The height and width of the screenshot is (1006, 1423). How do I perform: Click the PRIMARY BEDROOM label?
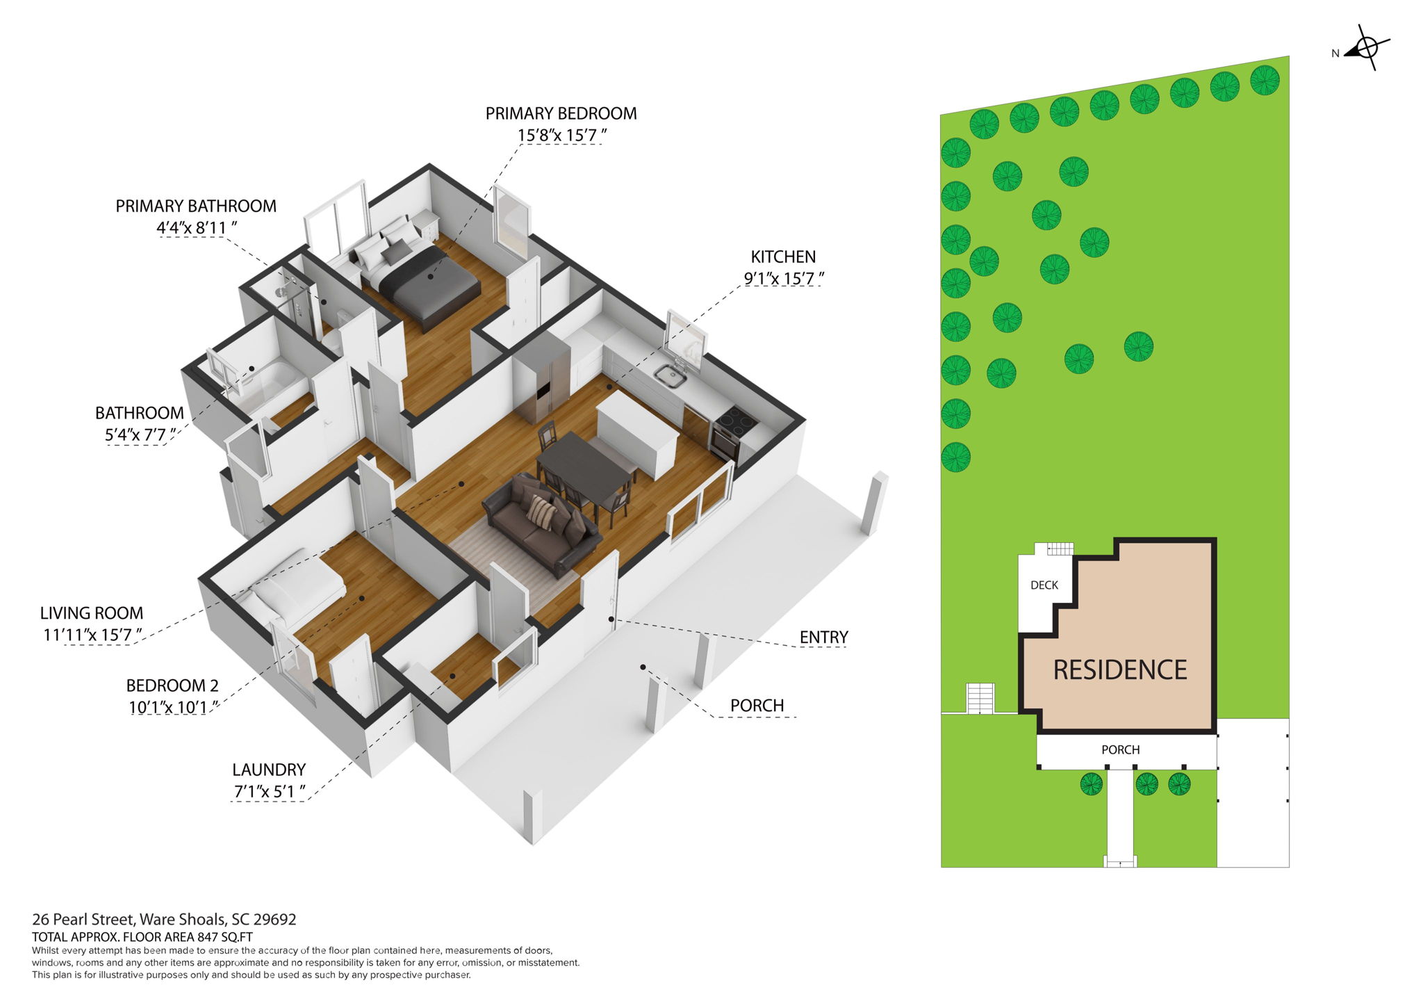coord(561,113)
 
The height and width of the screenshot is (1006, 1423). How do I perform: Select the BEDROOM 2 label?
coord(172,685)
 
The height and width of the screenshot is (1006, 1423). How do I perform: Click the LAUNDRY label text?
coord(269,770)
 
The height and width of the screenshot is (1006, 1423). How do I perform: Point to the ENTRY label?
coord(823,637)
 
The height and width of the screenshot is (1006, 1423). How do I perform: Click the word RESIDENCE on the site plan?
coord(1120,670)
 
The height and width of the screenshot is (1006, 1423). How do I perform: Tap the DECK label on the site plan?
coord(1044,585)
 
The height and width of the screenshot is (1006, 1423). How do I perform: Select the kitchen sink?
coord(671,376)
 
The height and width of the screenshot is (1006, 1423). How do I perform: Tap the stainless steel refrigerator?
coord(541,379)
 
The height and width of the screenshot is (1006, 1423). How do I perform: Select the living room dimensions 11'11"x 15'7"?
coord(92,635)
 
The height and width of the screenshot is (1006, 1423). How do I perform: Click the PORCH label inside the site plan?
coord(1120,749)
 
